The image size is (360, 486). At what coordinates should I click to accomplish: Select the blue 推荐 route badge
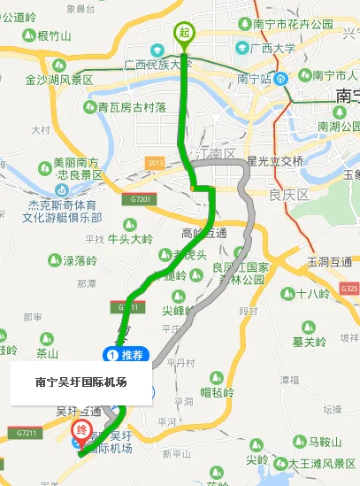[x=125, y=355]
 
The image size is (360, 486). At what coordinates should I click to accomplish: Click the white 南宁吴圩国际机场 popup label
[x=81, y=382]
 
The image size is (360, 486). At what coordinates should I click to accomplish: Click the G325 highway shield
[x=349, y=289]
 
